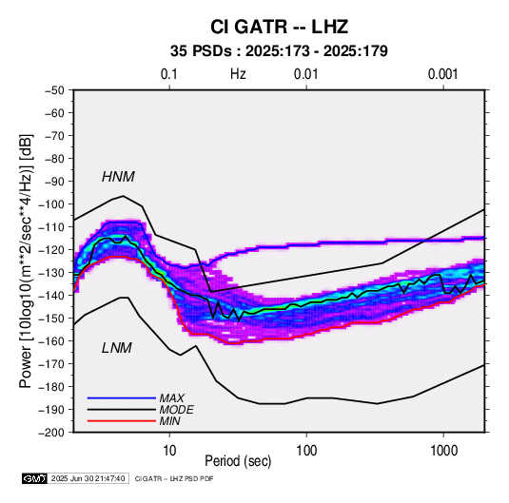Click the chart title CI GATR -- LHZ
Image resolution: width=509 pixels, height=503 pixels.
[279, 27]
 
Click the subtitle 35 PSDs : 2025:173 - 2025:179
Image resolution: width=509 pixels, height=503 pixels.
[279, 51]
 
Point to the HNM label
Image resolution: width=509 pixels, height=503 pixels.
[118, 177]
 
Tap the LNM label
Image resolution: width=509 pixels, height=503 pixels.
[117, 348]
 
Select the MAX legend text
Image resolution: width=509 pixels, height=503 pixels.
[172, 398]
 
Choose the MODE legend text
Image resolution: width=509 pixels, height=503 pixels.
[177, 410]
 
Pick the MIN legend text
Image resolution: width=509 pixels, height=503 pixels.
[169, 421]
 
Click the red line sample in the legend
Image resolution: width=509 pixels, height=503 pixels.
[122, 421]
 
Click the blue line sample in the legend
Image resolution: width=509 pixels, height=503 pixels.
[122, 398]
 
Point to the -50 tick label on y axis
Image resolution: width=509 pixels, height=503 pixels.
[54, 90]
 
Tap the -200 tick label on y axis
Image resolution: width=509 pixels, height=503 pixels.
[52, 433]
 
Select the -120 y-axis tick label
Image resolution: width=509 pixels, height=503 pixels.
[52, 250]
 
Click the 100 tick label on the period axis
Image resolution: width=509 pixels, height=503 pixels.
[306, 450]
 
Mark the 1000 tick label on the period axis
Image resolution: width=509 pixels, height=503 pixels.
[443, 450]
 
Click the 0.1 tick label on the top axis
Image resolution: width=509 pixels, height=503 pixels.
[169, 74]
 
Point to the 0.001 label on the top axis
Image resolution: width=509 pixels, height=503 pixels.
[443, 74]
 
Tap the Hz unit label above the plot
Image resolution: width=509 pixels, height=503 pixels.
[238, 74]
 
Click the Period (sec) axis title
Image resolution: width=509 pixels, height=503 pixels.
[238, 461]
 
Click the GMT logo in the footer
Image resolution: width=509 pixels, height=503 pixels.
[35, 478]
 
